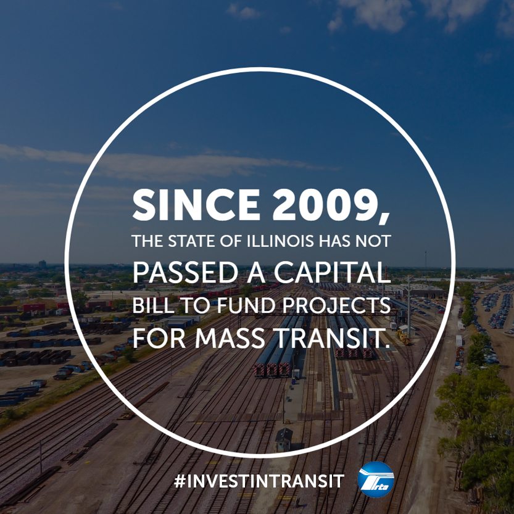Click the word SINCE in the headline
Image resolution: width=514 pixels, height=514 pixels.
pos(196,205)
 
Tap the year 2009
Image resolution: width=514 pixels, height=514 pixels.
pos(327,205)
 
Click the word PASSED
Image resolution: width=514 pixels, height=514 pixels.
pos(185,272)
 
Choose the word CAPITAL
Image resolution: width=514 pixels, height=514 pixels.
pos(333,272)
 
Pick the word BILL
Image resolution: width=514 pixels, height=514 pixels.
pos(153,305)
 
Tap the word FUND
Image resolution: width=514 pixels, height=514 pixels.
pos(246,305)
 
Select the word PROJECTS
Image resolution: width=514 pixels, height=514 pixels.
pos(337,305)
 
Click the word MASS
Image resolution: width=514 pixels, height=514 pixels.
pos(230,338)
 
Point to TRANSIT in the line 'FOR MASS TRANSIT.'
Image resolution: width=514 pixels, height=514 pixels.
pos(328,338)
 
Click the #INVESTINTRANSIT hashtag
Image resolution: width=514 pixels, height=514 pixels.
pos(259,481)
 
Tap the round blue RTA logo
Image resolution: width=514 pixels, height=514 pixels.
pos(376,479)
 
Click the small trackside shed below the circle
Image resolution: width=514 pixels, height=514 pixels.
pos(284,439)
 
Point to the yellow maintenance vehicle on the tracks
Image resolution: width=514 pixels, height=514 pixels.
pos(403,338)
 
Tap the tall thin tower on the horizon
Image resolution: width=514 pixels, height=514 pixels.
pos(426,259)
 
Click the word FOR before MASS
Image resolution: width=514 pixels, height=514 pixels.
pos(159,338)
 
